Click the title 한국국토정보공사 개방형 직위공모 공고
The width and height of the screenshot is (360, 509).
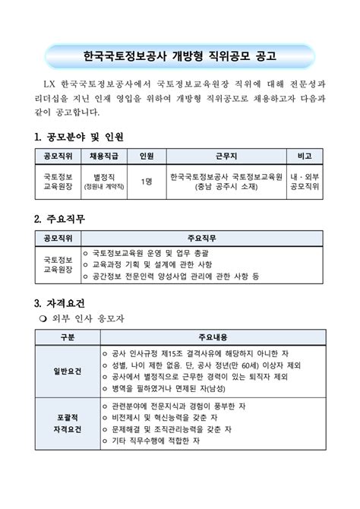point(179,56)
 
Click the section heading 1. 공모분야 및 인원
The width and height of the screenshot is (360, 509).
point(79,137)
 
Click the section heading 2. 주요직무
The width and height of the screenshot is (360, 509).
point(60,219)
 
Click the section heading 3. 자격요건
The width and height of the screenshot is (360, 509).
point(60,303)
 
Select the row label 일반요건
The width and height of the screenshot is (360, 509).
point(67,371)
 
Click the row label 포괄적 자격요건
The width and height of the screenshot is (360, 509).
point(67,424)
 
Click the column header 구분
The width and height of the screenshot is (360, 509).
point(67,337)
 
